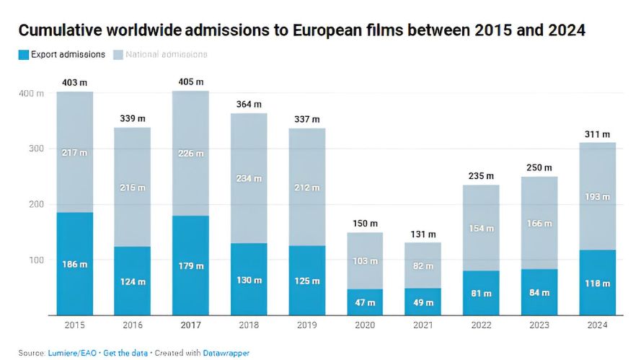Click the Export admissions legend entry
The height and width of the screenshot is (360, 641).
[x=67, y=54]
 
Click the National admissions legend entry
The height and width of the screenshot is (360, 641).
[x=166, y=54]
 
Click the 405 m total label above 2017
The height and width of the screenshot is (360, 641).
[x=190, y=82]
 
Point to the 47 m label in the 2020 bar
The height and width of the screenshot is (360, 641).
[x=366, y=303]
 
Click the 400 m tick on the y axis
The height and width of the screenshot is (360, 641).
[x=30, y=94]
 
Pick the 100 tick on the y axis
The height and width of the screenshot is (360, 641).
[x=34, y=260]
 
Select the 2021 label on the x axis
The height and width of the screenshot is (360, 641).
[x=424, y=325]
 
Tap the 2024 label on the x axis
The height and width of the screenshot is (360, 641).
[x=598, y=325]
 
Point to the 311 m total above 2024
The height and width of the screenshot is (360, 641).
[x=598, y=134]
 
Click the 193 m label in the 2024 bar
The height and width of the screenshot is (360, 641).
[x=598, y=196]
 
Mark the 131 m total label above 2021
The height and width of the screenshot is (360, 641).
[x=424, y=234]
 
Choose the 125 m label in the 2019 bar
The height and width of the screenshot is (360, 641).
[x=307, y=281]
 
